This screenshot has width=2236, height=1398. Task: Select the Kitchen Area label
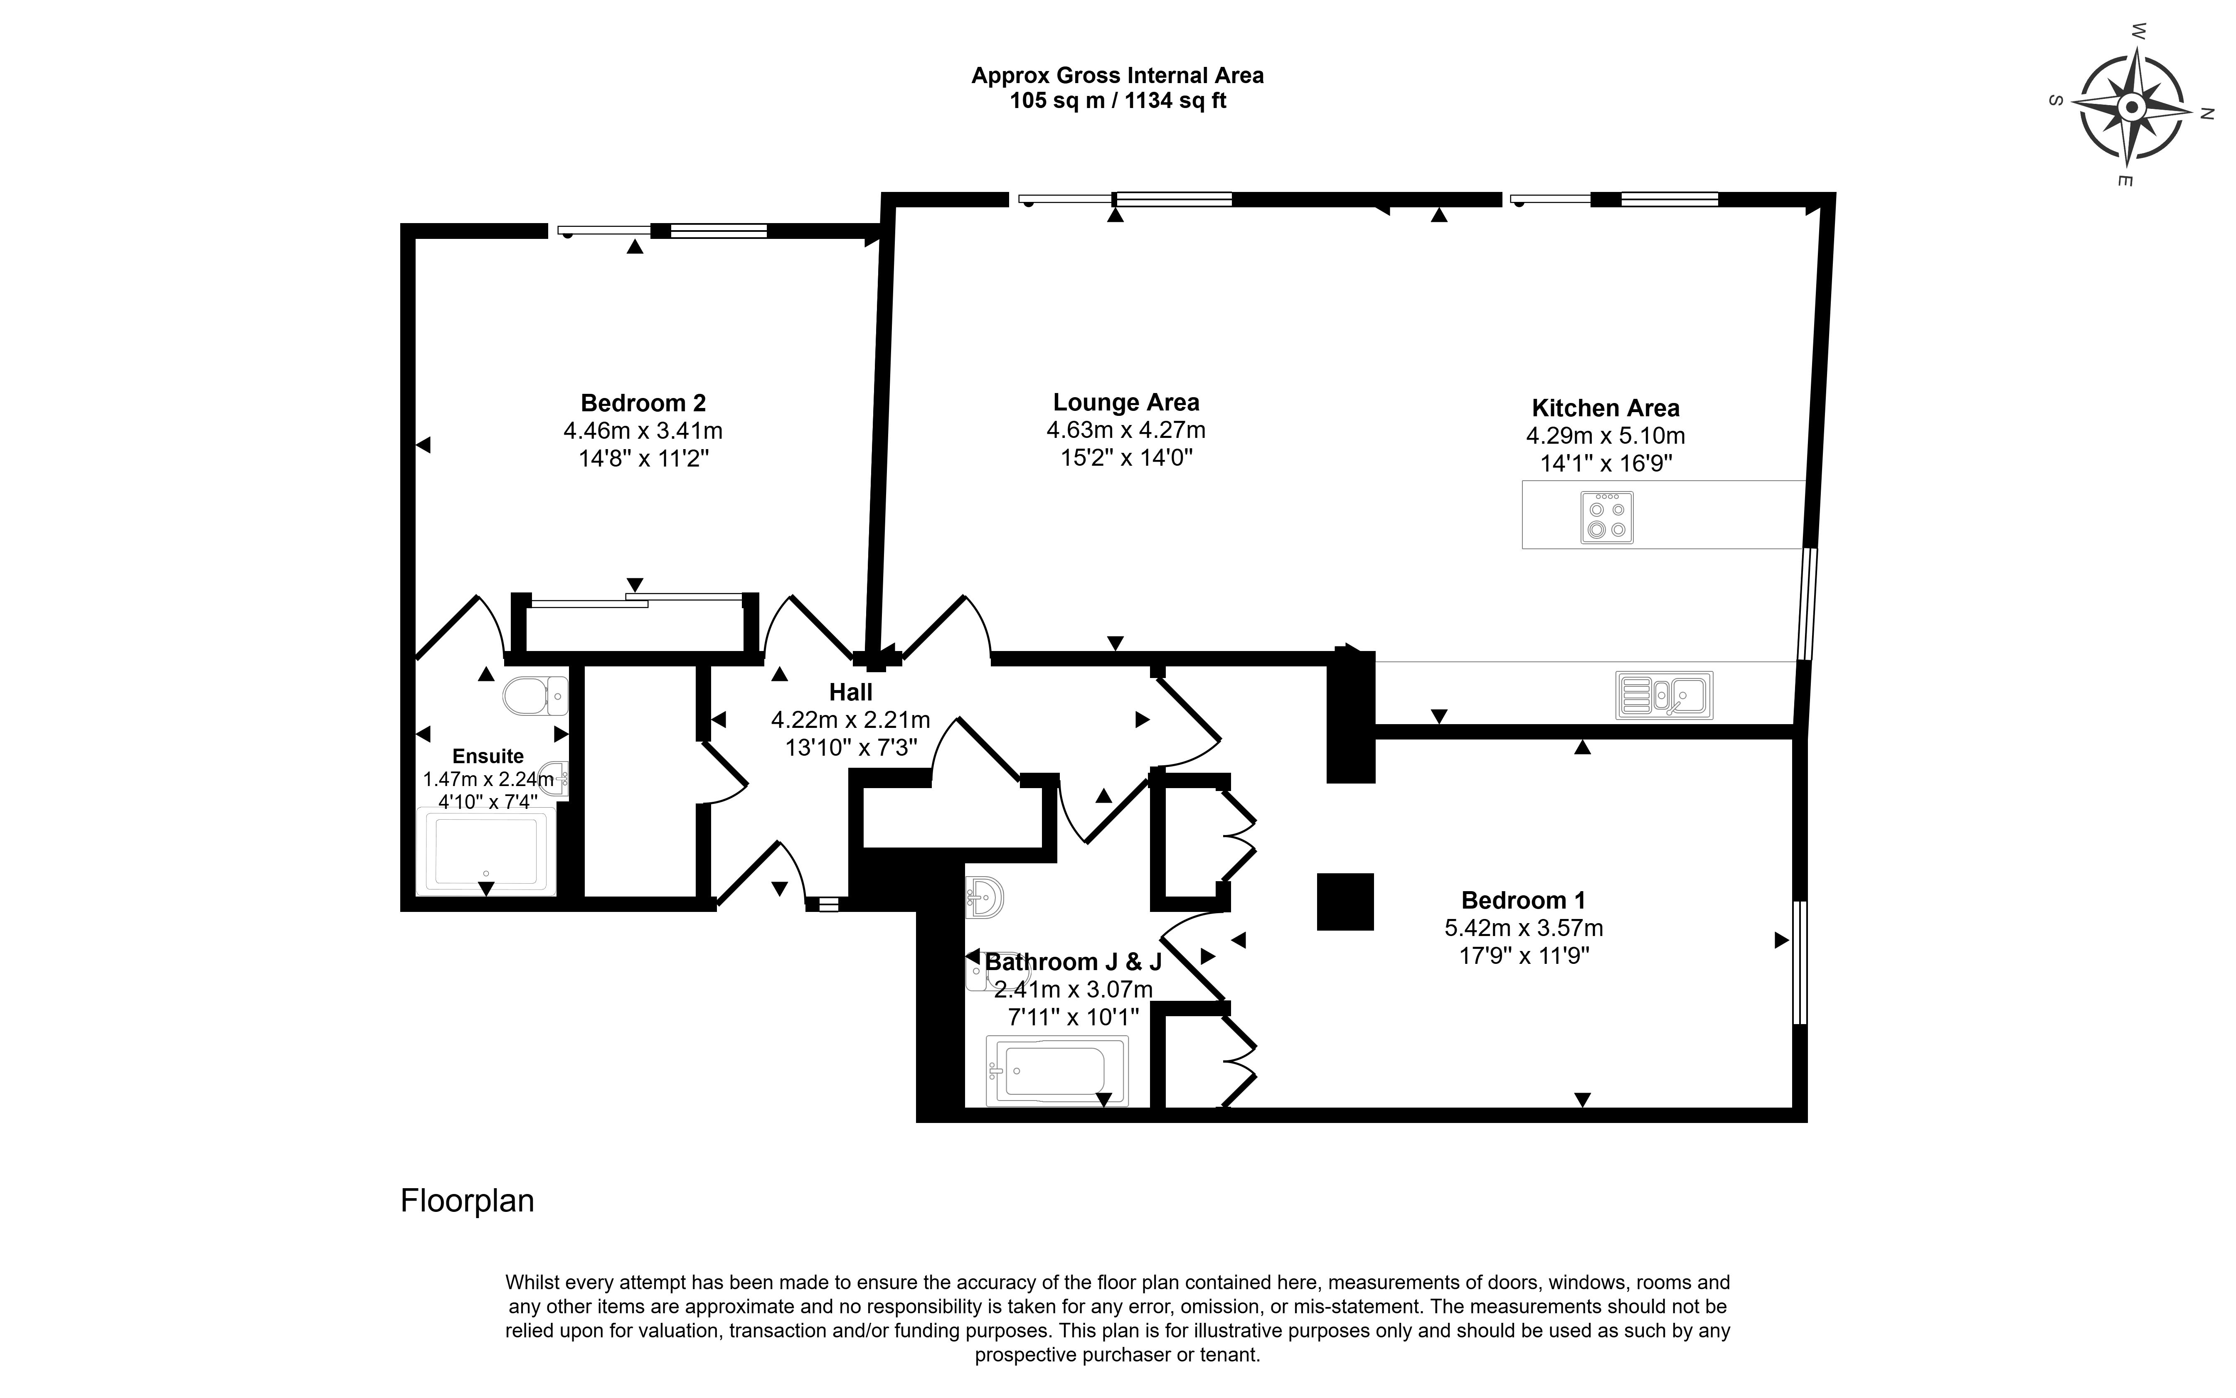click(1606, 408)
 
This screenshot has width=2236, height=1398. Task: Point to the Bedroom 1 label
click(1523, 899)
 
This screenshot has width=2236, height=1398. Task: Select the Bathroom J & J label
click(1073, 962)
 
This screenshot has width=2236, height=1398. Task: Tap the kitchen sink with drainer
click(1664, 695)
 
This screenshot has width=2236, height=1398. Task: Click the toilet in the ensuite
click(534, 695)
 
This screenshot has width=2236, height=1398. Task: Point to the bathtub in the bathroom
click(1056, 1071)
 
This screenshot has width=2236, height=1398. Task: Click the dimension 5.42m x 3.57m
click(1523, 927)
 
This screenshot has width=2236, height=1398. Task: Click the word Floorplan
click(467, 1200)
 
